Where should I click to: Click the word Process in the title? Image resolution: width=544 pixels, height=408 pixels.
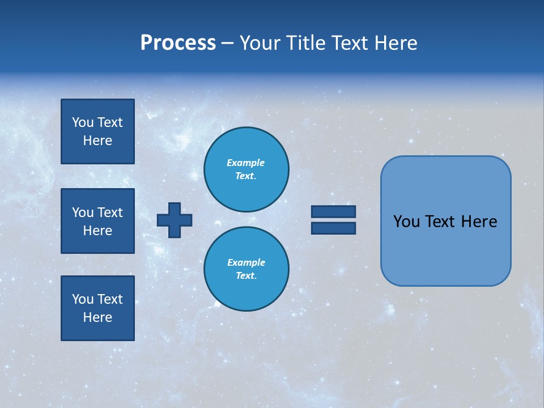pos(178,43)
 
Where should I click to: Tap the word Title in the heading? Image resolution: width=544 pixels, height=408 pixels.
pos(306,43)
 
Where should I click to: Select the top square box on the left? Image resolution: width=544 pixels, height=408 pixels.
pos(97,131)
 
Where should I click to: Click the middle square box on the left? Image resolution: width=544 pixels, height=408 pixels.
pos(97,221)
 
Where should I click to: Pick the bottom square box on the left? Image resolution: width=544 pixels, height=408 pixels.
pos(97,308)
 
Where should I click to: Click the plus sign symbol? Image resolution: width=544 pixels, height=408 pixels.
pos(175,220)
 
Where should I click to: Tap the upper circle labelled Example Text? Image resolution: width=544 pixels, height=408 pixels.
pos(246,169)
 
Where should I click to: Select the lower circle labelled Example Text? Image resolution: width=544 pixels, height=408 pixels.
pos(246,269)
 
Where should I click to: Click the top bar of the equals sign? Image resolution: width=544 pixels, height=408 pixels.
pos(333,211)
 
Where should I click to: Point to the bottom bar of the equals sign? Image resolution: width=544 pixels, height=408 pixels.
pos(333,228)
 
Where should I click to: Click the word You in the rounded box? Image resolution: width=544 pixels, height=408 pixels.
pos(406,222)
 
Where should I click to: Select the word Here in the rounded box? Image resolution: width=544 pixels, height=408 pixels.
pos(479,222)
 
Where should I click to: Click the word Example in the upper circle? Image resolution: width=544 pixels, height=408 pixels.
pos(246,163)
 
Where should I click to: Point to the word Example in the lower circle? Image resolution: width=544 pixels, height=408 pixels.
pos(246,262)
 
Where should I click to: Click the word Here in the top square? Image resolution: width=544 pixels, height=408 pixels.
pos(97,141)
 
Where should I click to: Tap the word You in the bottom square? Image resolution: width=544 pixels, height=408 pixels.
pos(83,299)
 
